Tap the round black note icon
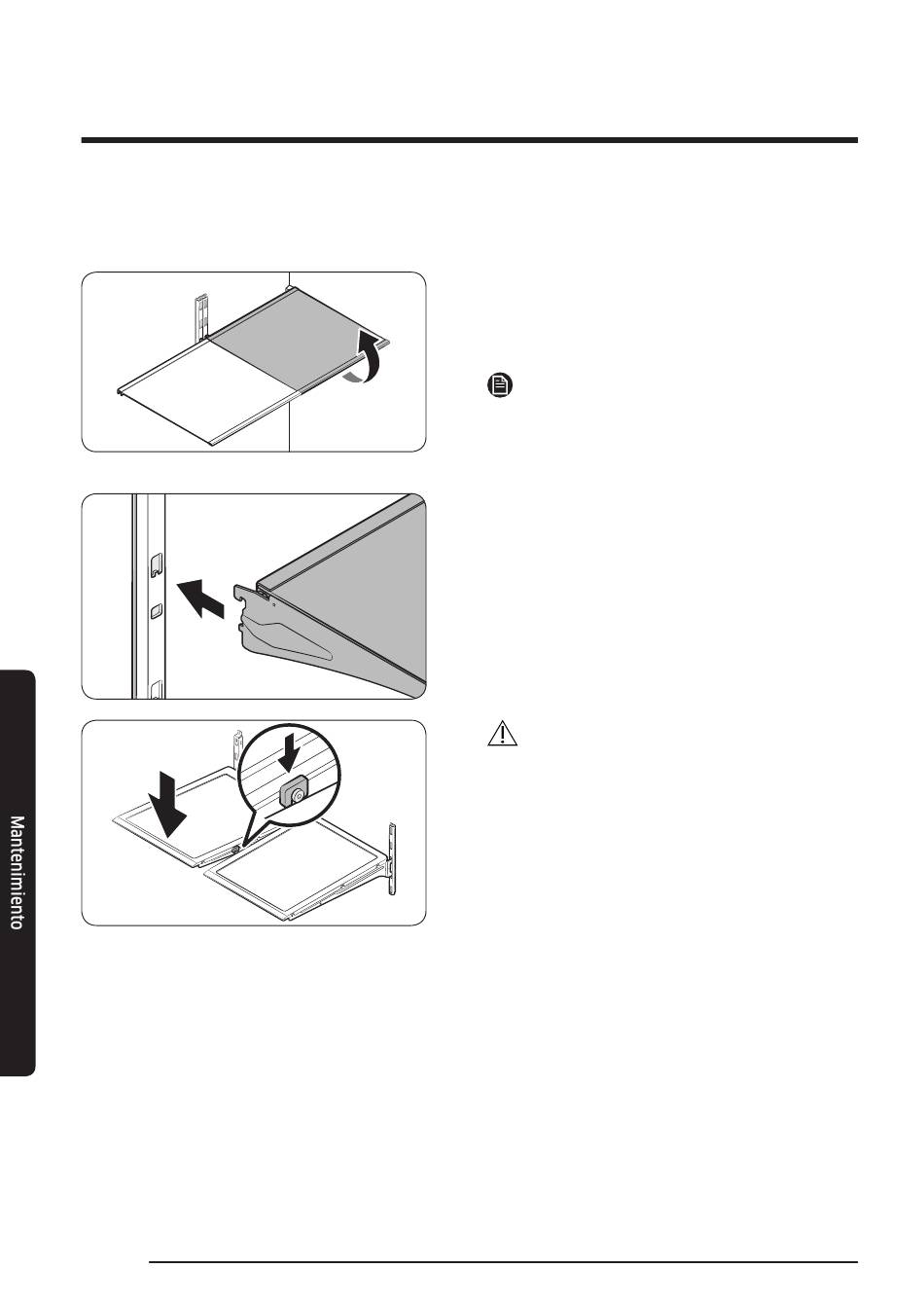[x=500, y=385]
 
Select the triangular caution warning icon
[x=502, y=733]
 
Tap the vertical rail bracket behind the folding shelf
[x=200, y=317]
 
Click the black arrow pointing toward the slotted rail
[x=199, y=598]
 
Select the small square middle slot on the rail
[x=156, y=611]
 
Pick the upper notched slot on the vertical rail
[x=156, y=565]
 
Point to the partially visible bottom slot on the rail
[x=156, y=690]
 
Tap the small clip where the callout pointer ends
[x=235, y=850]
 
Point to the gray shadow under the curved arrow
[x=353, y=379]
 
